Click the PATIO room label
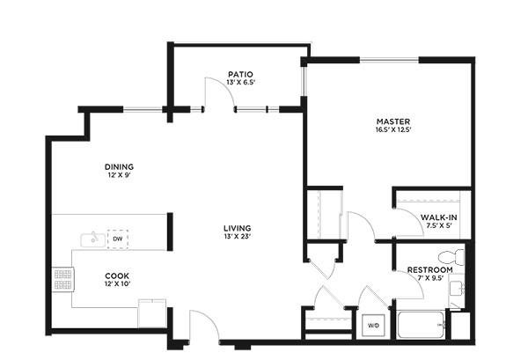pos(240,74)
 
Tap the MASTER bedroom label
pos(393,121)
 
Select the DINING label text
pos(119,166)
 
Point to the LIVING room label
pos(238,228)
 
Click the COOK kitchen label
pos(117,276)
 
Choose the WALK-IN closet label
pos(439,217)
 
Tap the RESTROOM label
pos(430,270)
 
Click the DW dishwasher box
pos(118,239)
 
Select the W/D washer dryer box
pos(373,326)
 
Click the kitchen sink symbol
pos(92,239)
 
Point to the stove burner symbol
pos(63,280)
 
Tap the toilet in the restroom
pos(451,257)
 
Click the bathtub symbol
pos(421,325)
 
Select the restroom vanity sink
pos(457,289)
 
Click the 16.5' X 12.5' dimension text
pos(393,129)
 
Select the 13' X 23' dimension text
pos(238,237)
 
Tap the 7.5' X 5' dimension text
pos(439,226)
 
